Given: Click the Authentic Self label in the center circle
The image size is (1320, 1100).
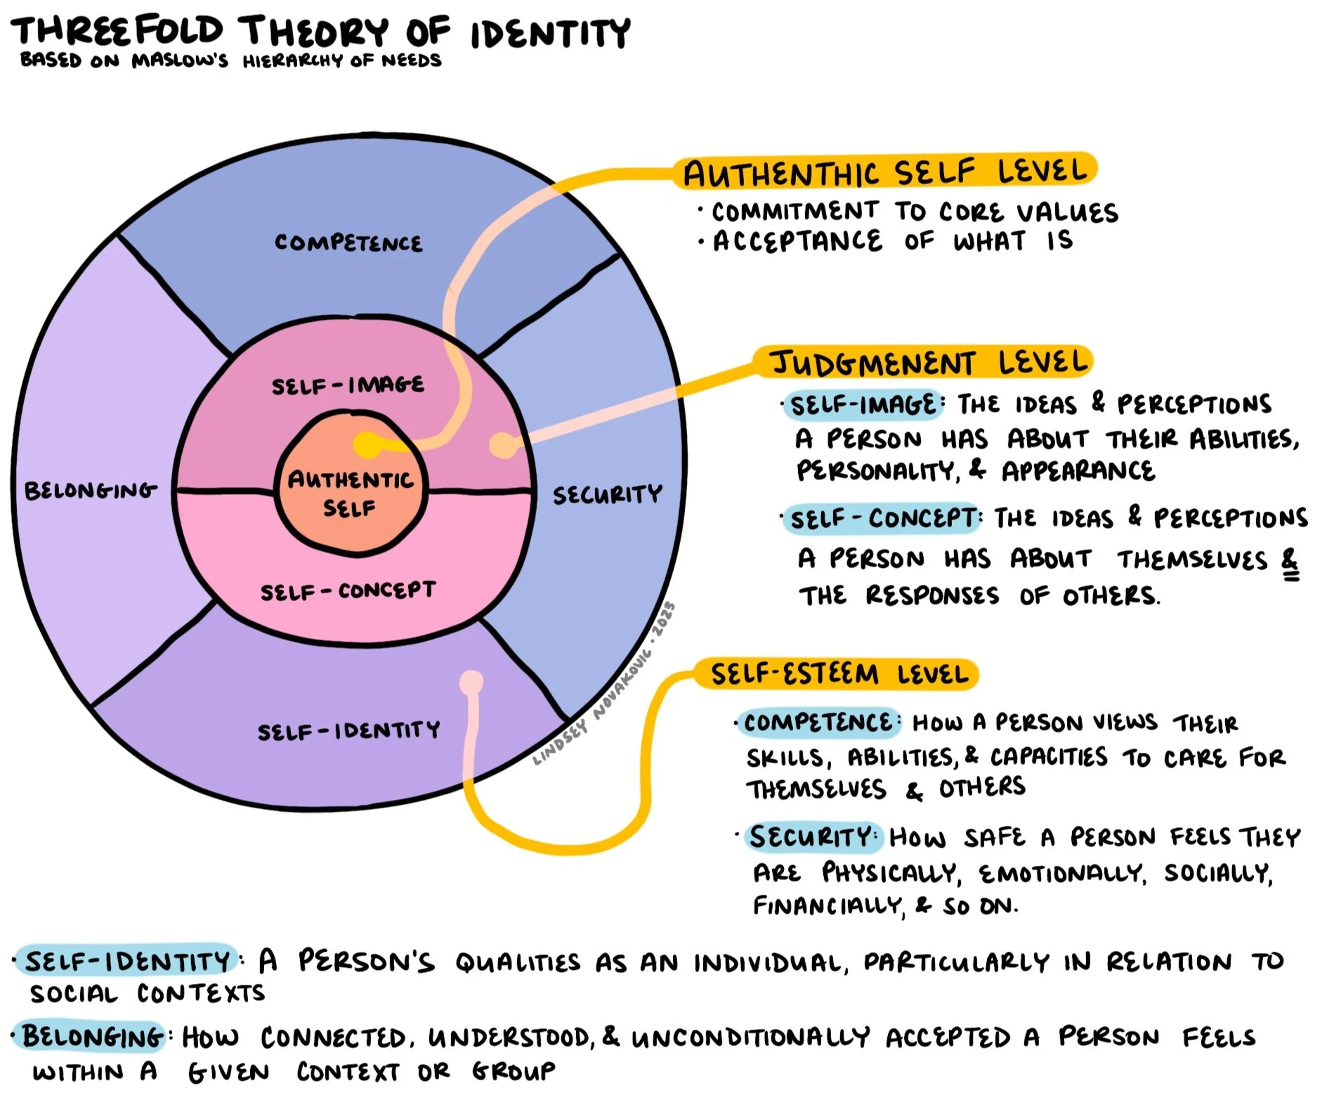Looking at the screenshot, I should coord(350,493).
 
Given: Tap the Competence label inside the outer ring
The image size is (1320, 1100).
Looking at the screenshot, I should coord(348,243).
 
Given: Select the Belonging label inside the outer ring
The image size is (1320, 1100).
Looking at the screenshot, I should coord(91,490).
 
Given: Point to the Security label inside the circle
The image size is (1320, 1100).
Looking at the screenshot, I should coord(607,494).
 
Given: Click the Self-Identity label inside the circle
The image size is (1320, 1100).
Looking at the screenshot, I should coord(348,731).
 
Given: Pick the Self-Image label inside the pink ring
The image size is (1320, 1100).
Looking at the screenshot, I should coord(348,385).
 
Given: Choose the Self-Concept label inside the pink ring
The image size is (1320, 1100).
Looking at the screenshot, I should coord(348,591).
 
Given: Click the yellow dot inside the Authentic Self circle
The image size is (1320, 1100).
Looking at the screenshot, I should coord(366,444).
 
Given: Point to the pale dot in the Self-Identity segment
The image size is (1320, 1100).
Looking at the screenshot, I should coord(471,681).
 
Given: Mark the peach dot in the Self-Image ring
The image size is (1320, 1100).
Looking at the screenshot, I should coord(502,445).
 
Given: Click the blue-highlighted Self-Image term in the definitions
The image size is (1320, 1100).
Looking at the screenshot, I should coord(863,405).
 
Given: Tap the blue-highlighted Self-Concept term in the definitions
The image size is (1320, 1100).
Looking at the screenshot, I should coord(882,519).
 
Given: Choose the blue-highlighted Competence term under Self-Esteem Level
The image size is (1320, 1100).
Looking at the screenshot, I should coord(817,723).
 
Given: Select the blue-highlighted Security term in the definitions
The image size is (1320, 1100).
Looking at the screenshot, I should coord(811,836).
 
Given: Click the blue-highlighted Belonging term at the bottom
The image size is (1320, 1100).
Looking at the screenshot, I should coord(92,1037).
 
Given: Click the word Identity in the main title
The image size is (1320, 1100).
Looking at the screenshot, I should coord(550,34).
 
